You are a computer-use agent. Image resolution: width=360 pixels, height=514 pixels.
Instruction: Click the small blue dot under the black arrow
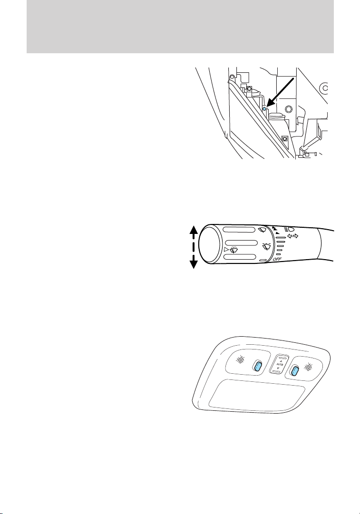[265, 109]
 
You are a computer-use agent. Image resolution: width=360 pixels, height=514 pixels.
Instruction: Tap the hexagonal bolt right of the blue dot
[290, 110]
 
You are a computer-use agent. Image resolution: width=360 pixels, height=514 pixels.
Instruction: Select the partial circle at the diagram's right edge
[325, 88]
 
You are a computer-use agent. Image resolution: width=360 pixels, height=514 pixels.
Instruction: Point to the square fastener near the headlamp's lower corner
[284, 139]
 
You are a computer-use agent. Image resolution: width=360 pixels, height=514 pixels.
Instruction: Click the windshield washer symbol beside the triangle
[233, 250]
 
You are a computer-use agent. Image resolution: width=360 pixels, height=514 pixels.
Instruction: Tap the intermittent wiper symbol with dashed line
[267, 247]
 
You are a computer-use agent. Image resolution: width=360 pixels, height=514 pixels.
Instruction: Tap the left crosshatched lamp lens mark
[241, 360]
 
